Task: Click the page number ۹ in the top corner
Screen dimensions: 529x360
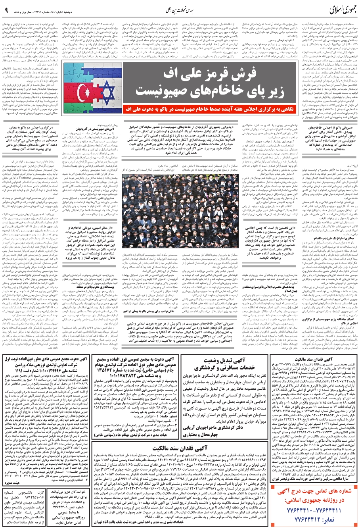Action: [x=7, y=9]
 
